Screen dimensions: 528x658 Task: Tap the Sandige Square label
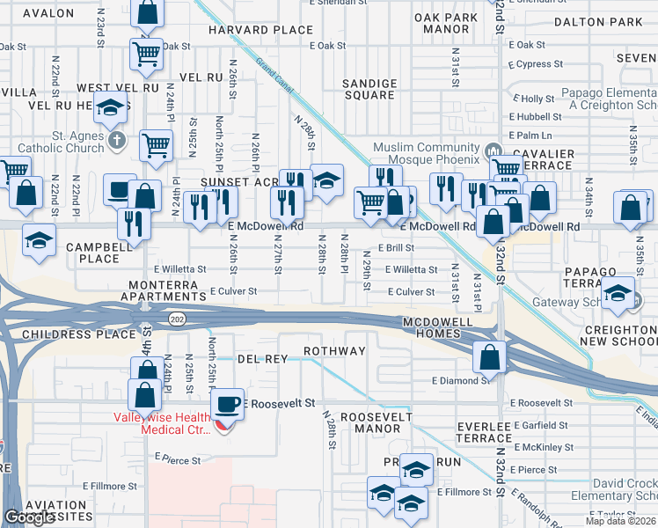click(x=369, y=89)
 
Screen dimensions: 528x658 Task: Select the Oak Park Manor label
click(x=446, y=23)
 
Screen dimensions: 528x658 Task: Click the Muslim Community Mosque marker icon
click(x=493, y=147)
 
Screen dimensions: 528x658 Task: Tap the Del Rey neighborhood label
click(x=262, y=359)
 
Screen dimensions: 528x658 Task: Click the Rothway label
click(x=334, y=351)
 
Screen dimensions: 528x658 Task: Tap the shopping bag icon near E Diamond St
click(x=489, y=356)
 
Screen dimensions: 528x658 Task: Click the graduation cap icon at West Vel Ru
click(x=112, y=108)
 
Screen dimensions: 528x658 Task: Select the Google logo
click(x=29, y=517)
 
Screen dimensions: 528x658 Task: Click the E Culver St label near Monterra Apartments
click(x=233, y=291)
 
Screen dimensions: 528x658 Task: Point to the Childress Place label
click(x=70, y=335)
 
